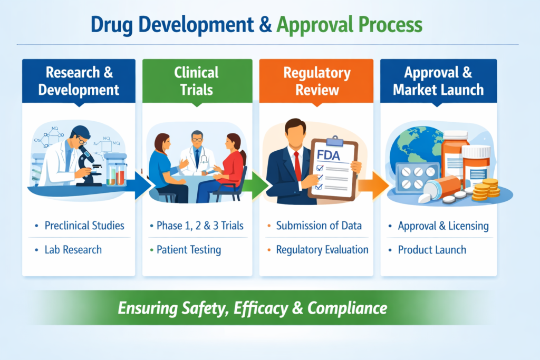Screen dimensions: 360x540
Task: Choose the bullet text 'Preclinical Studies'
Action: tap(84, 226)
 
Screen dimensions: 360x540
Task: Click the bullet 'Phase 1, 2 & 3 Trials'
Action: tap(200, 226)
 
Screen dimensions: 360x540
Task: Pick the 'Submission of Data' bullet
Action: tap(319, 226)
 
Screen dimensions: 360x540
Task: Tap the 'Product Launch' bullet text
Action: tap(432, 249)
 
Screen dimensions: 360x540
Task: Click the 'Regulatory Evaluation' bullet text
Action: tap(322, 249)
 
